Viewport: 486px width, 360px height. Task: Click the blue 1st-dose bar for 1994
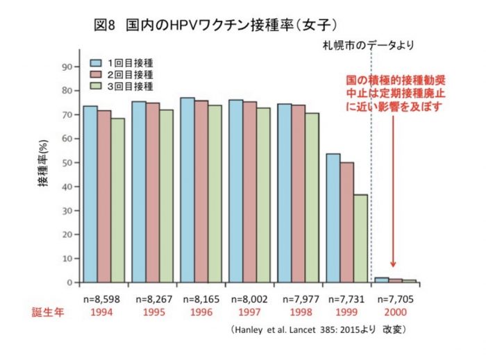click(x=90, y=194)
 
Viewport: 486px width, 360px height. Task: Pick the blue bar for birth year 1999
click(x=333, y=218)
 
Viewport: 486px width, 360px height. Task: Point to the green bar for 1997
click(x=263, y=195)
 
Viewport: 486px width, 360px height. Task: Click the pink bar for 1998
click(x=298, y=194)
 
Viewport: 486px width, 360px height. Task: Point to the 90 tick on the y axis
click(x=68, y=67)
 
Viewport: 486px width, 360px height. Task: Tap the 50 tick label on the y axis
click(x=68, y=163)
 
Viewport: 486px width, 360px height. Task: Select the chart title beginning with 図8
click(x=215, y=25)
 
